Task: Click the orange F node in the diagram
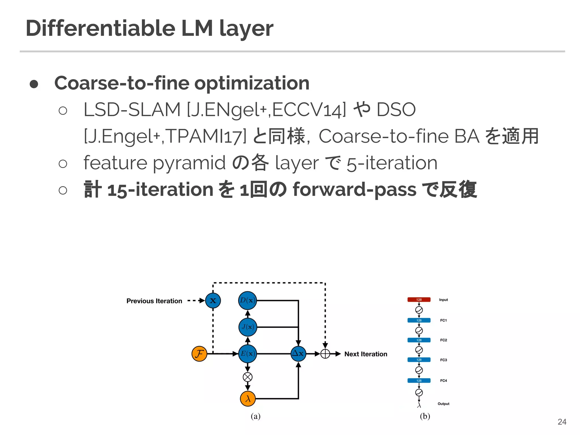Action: pyautogui.click(x=199, y=354)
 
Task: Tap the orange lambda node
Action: pyautogui.click(x=248, y=399)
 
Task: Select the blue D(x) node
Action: pyautogui.click(x=248, y=300)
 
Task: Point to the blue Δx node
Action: pyautogui.click(x=298, y=354)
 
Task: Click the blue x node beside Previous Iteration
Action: pyautogui.click(x=213, y=300)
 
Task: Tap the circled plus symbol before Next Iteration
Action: pyautogui.click(x=325, y=354)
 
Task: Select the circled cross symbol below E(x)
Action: pyautogui.click(x=248, y=377)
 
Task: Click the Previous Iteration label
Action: pyautogui.click(x=154, y=301)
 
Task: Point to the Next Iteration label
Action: pyautogui.click(x=366, y=354)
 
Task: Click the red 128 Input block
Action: pyautogui.click(x=419, y=300)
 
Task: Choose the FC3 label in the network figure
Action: pyautogui.click(x=443, y=360)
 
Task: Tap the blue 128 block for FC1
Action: pyautogui.click(x=419, y=320)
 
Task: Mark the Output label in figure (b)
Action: pyautogui.click(x=443, y=404)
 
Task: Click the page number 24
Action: pyautogui.click(x=562, y=422)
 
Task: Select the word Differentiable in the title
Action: pyautogui.click(x=101, y=28)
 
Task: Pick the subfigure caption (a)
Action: pyautogui.click(x=255, y=416)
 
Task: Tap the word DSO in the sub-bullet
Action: pyautogui.click(x=396, y=110)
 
